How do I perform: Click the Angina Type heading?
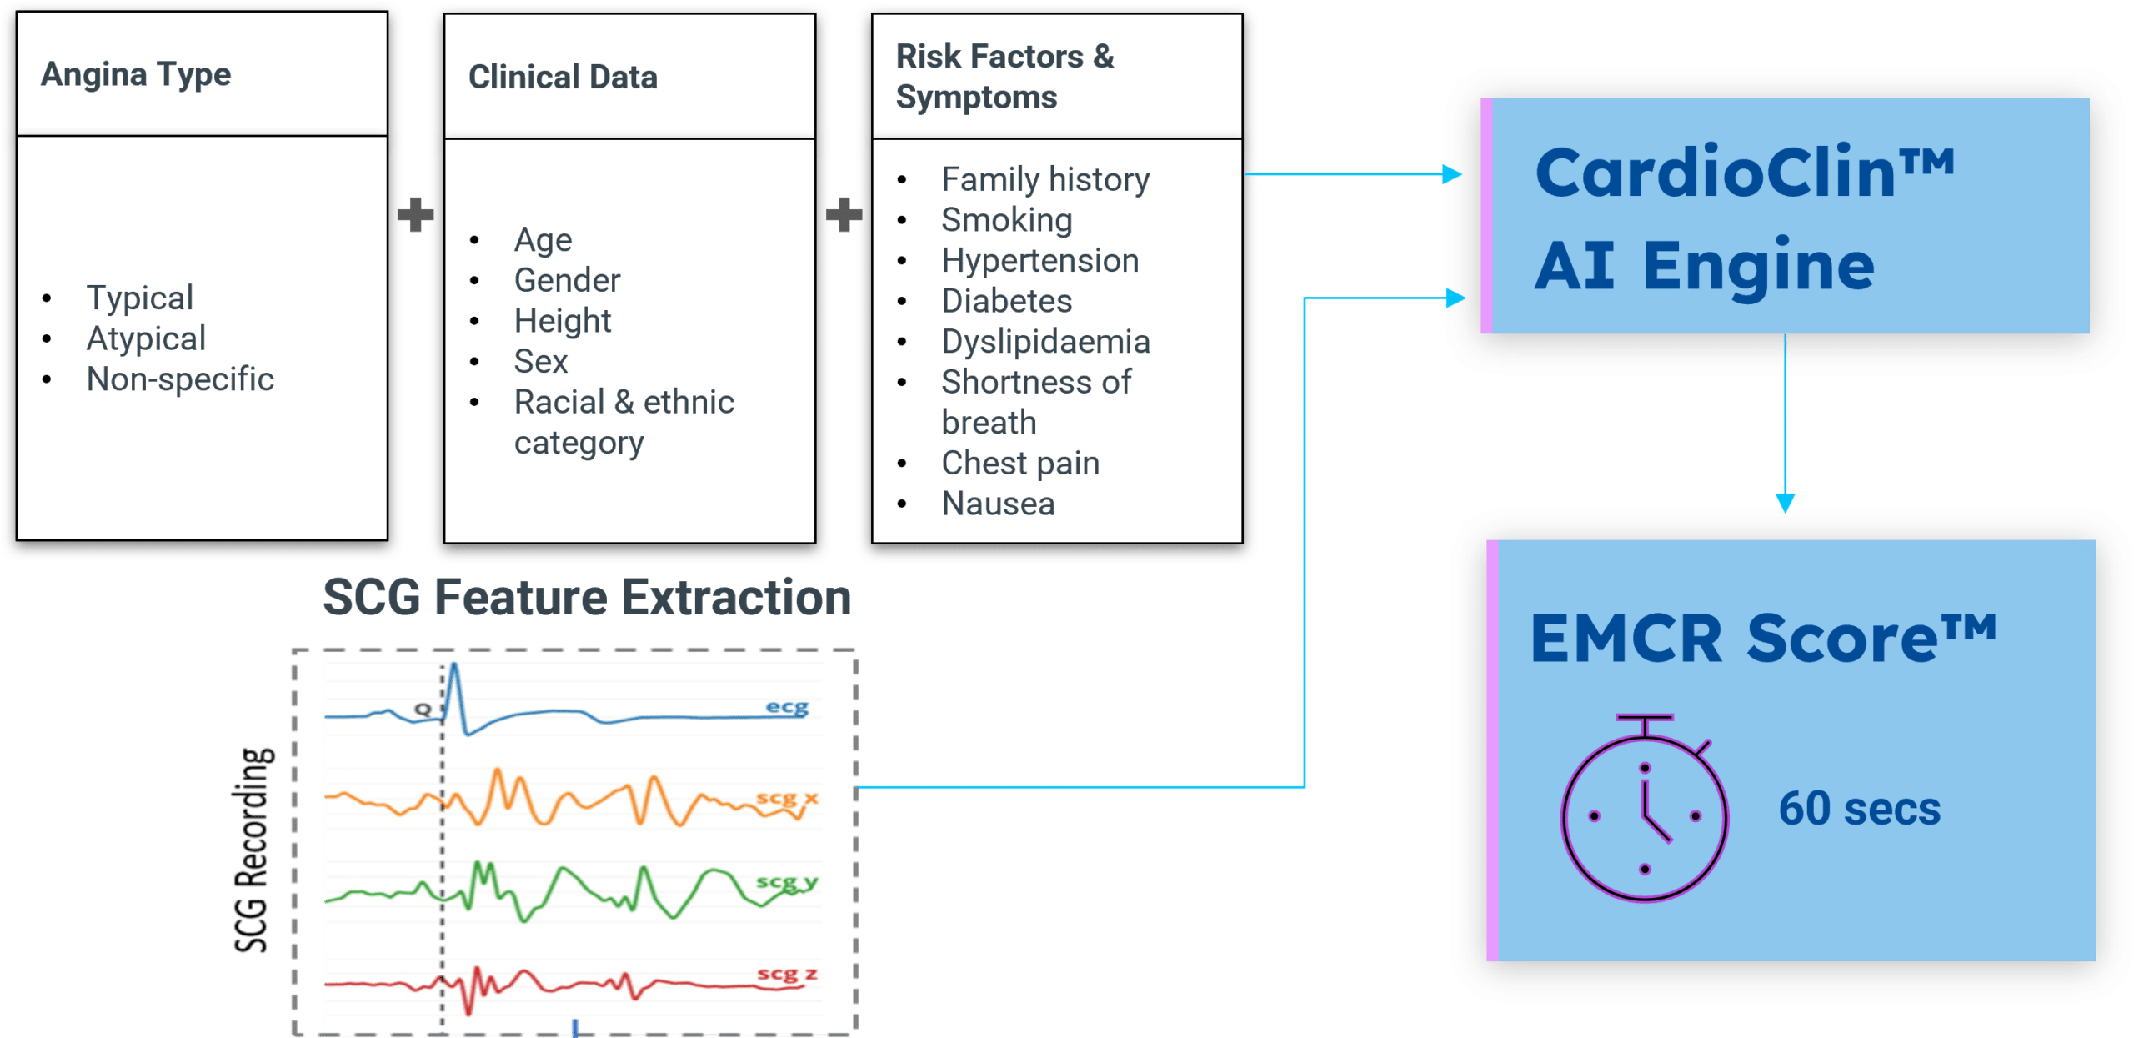(x=136, y=75)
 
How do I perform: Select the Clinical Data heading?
(x=563, y=78)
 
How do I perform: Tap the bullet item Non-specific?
(x=180, y=379)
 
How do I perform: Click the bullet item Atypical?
(x=146, y=338)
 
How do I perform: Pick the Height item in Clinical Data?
(x=563, y=321)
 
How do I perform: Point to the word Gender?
(x=567, y=280)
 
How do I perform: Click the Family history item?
(x=1045, y=179)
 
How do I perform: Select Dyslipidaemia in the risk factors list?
(x=1045, y=342)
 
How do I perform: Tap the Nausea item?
(x=998, y=504)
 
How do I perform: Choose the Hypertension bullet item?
(x=1039, y=261)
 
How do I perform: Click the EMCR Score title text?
(x=1762, y=639)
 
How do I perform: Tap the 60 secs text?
(x=1859, y=809)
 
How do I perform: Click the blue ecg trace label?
(x=787, y=707)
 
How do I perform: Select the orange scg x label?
(x=787, y=798)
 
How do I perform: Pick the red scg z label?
(x=787, y=974)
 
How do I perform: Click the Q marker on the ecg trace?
(x=423, y=709)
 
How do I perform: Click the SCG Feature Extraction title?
(x=587, y=597)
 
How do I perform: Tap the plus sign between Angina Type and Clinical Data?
(x=415, y=215)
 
